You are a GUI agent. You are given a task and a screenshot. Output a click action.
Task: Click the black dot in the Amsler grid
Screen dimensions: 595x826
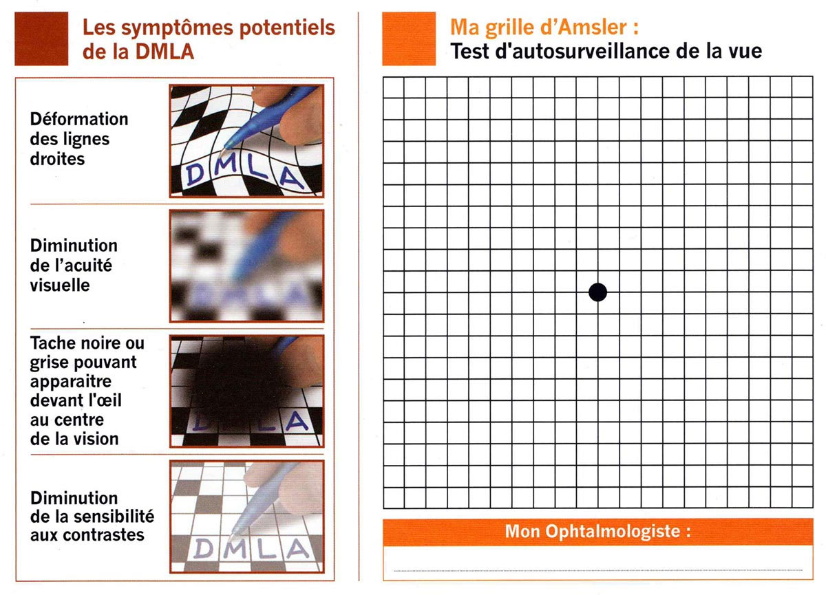coord(598,292)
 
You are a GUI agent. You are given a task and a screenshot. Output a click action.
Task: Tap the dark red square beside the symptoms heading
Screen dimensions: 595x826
coord(41,39)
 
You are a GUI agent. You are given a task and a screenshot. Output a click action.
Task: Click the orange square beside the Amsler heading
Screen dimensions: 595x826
coord(409,39)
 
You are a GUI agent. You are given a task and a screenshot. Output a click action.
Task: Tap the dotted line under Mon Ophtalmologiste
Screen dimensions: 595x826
coord(597,570)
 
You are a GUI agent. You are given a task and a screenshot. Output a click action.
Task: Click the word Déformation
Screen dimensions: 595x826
coord(79,119)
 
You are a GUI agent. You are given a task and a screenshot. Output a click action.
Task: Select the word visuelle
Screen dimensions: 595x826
coord(60,285)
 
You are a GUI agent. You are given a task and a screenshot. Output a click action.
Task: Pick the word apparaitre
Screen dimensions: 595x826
coord(71,381)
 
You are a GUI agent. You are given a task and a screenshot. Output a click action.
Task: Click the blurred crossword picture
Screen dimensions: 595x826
coord(247,266)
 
